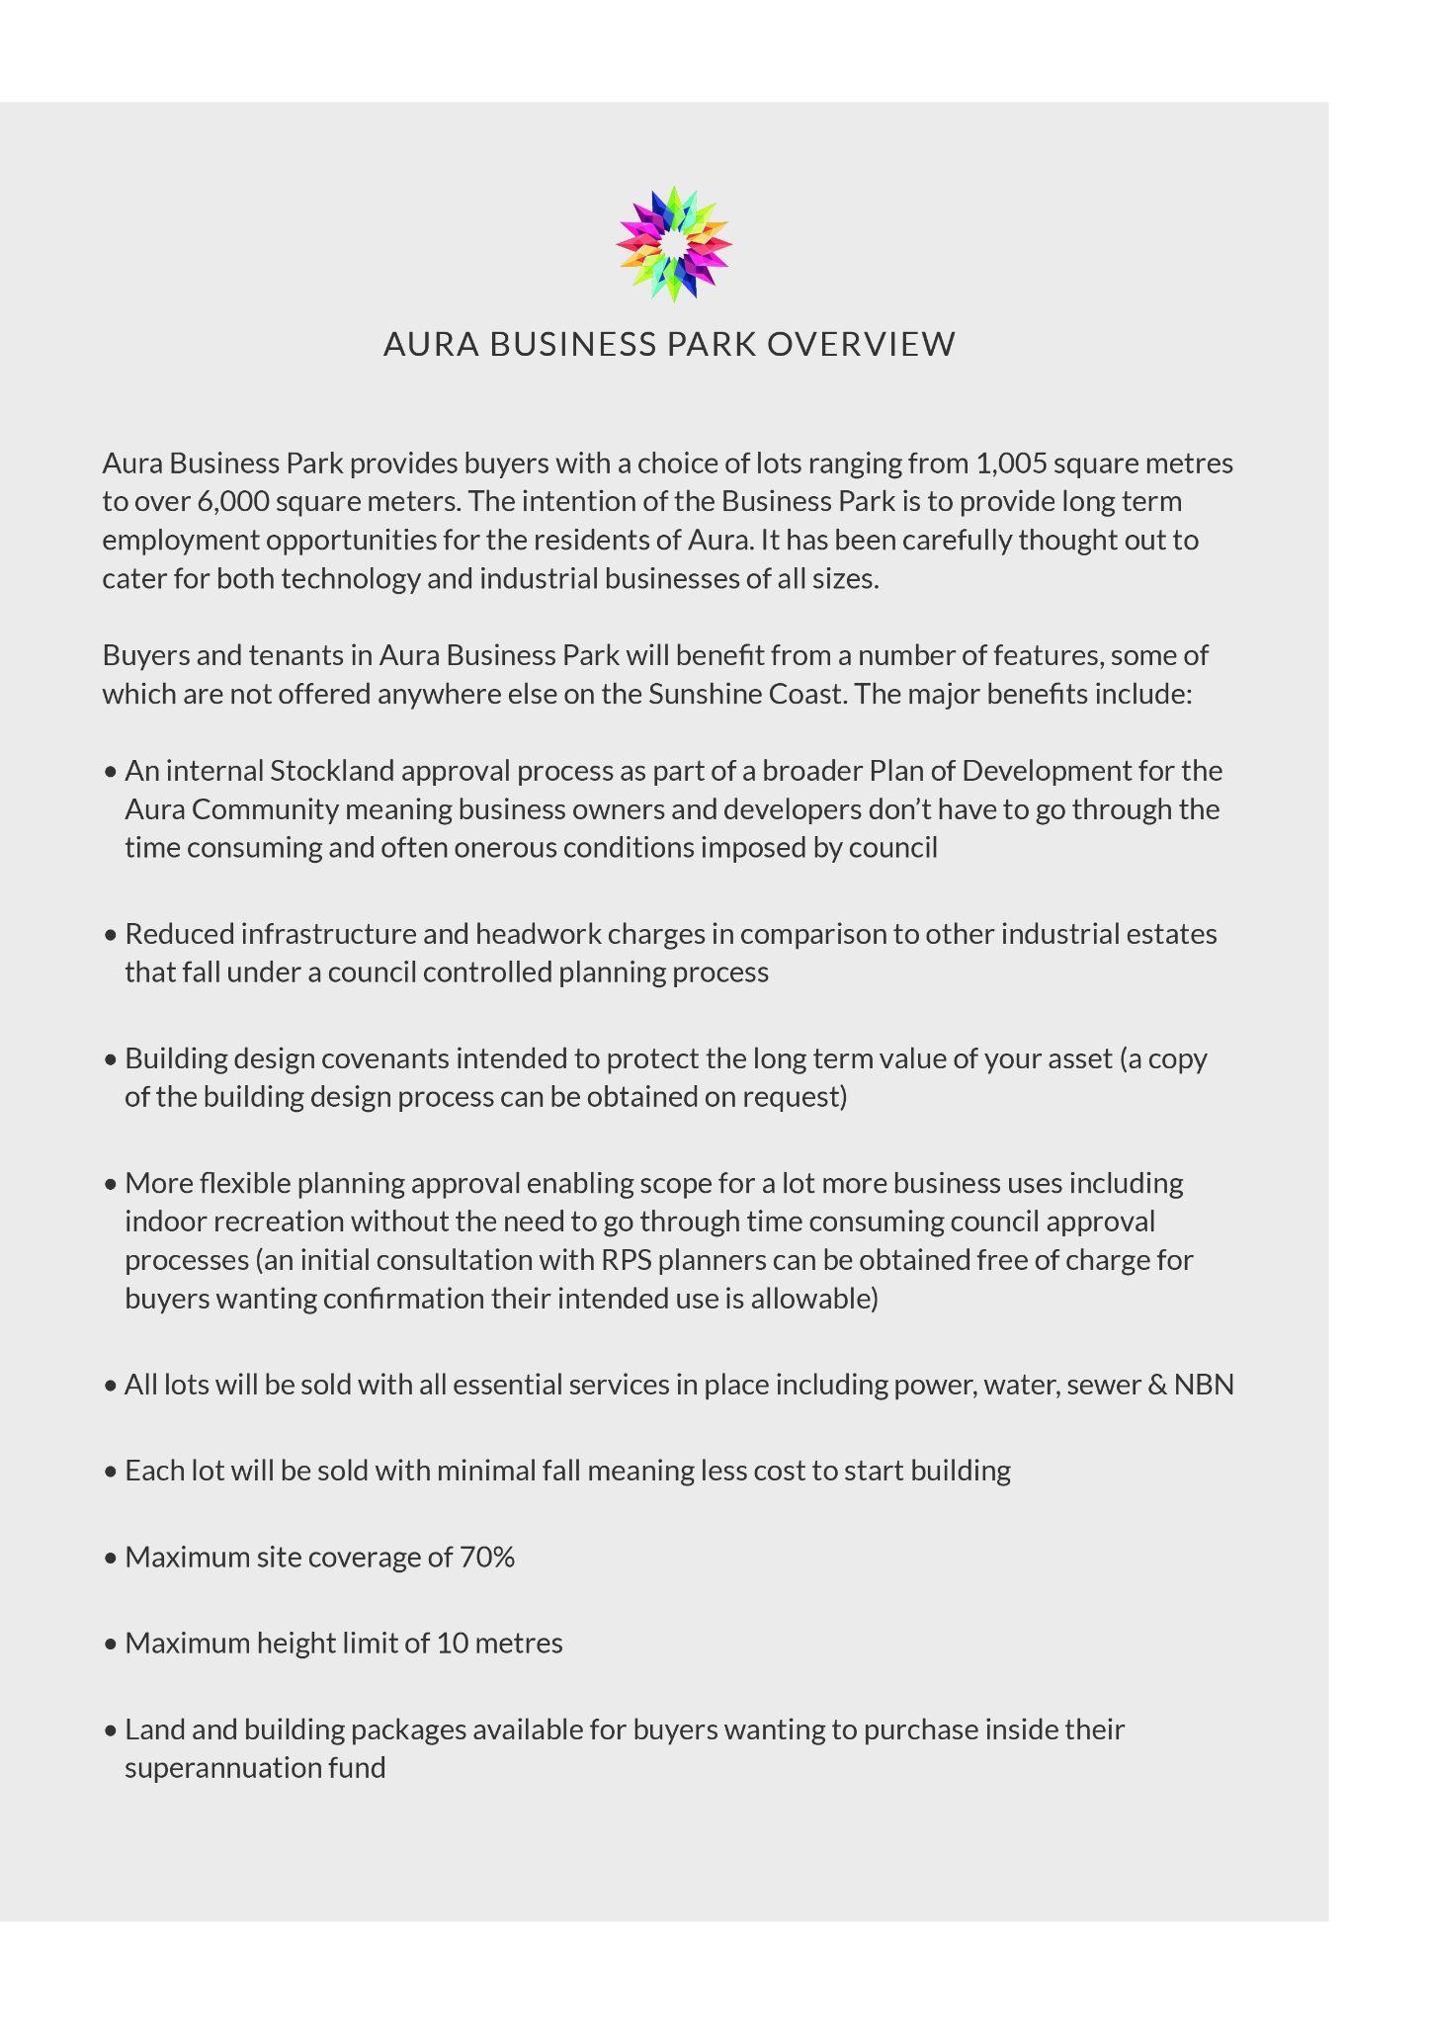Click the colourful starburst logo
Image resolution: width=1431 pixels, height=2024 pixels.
(673, 243)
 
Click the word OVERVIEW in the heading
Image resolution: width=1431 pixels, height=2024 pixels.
(861, 344)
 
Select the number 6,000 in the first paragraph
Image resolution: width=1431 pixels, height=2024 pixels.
(233, 502)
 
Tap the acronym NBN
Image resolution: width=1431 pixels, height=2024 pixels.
(1204, 1385)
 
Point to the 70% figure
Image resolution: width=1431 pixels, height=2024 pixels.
(487, 1558)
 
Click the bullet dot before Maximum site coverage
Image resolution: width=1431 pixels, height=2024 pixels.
(110, 1559)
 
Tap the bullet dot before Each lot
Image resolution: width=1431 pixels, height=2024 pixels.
(110, 1472)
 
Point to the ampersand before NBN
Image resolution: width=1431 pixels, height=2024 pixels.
(1156, 1385)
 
